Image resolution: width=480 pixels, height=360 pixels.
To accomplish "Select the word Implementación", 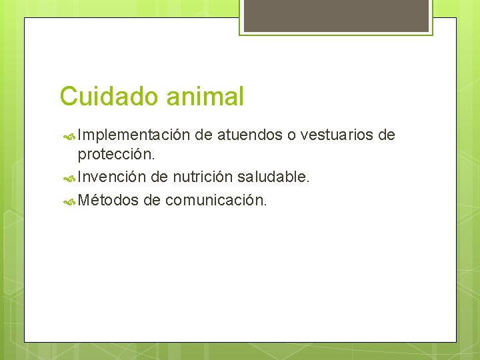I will pyautogui.click(x=134, y=136).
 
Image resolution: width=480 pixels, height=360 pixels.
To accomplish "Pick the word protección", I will pyautogui.click(x=117, y=155).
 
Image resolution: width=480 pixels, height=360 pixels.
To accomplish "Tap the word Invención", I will pyautogui.click(x=111, y=177).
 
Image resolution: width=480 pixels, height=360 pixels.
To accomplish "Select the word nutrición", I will pyautogui.click(x=198, y=177).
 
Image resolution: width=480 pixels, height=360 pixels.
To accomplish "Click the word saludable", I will pyautogui.click(x=269, y=177).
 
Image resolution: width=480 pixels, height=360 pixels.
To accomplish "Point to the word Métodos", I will pyautogui.click(x=107, y=199).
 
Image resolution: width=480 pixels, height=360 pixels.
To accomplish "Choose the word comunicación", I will pyautogui.click(x=216, y=199).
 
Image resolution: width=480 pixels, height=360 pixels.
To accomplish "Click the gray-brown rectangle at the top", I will pyautogui.click(x=336, y=15).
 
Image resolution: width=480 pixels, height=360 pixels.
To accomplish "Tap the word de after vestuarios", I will pyautogui.click(x=387, y=136).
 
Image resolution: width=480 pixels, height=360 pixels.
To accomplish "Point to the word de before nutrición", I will pyautogui.click(x=159, y=177).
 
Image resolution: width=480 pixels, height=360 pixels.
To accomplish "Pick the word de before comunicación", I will pyautogui.click(x=152, y=199).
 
